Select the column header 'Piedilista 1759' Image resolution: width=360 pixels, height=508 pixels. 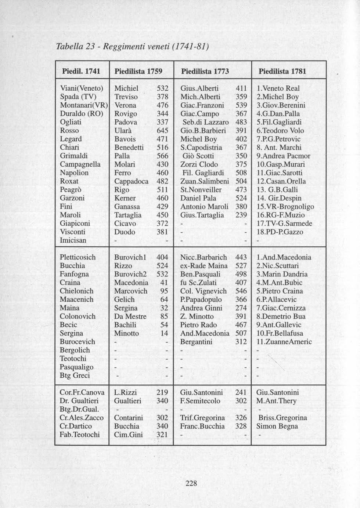(138, 71)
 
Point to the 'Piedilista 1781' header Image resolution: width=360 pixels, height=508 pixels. (282, 71)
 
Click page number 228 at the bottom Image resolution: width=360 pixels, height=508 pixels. (191, 483)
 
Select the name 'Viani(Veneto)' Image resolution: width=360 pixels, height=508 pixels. (82, 88)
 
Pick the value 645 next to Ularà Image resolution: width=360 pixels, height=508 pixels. (162, 131)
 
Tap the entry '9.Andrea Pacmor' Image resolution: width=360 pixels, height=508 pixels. (283, 156)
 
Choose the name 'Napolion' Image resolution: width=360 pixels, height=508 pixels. (74, 173)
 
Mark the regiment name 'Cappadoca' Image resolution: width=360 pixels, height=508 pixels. (132, 181)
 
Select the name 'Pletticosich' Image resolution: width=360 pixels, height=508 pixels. (78, 257)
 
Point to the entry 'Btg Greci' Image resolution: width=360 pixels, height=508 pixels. (75, 375)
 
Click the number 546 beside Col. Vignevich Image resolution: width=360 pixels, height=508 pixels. (241, 291)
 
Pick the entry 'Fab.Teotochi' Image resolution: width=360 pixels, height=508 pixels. (80, 435)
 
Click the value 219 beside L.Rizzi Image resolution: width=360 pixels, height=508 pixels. (162, 392)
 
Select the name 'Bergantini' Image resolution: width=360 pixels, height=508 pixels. (197, 342)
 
